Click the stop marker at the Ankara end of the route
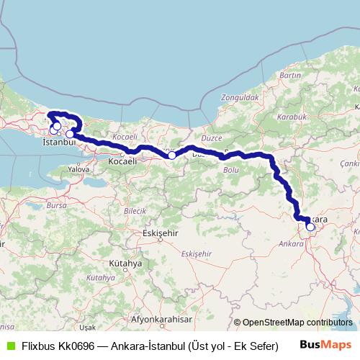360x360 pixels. point(310,227)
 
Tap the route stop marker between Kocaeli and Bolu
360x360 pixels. point(172,155)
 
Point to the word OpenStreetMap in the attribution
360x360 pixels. point(273,323)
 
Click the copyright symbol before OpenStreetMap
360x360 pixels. point(238,323)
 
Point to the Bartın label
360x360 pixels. point(289,76)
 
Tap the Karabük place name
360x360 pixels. point(294,116)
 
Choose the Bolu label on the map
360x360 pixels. point(231,170)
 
